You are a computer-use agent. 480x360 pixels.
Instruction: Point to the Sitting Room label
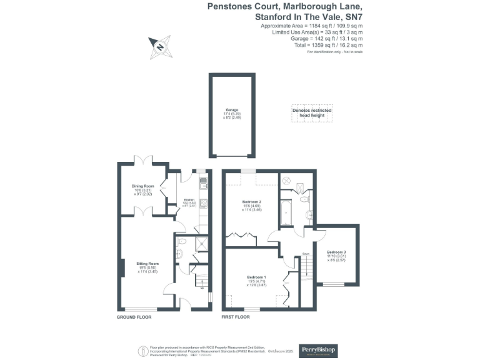(148, 266)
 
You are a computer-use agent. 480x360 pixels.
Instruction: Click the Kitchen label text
(189, 200)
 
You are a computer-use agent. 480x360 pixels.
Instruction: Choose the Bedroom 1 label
(257, 278)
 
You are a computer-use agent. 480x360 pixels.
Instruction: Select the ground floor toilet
(180, 252)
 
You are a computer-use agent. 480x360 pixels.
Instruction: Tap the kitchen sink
(202, 184)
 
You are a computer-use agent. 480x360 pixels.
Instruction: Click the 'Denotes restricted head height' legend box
(312, 112)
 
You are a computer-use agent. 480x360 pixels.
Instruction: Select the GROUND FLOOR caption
(134, 317)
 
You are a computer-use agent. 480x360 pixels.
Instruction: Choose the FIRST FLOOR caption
(236, 317)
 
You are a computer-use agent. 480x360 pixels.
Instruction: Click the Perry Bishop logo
(318, 350)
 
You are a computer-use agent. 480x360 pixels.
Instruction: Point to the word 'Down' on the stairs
(306, 253)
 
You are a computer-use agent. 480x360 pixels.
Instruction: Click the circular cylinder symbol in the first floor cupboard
(288, 180)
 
